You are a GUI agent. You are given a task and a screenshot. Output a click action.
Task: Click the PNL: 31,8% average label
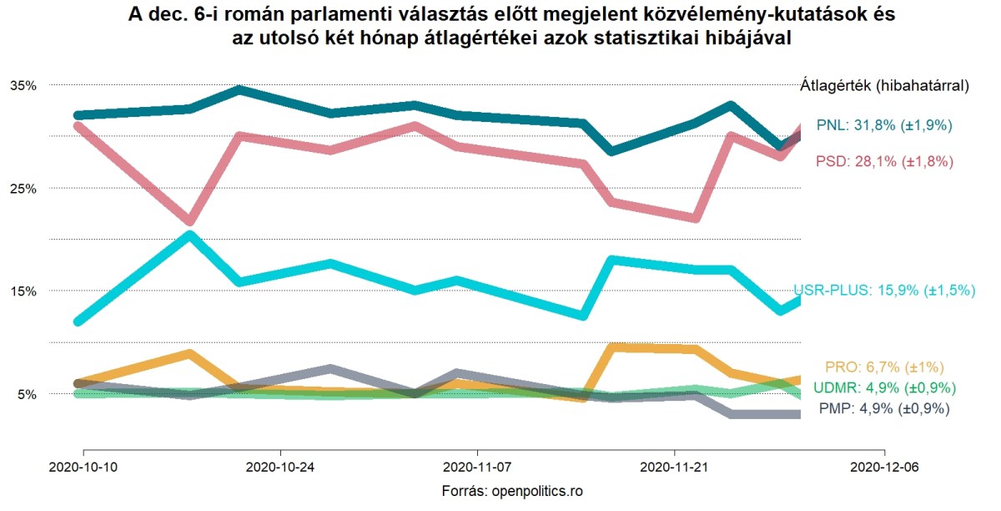884,125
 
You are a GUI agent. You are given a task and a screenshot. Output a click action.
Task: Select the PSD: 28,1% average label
884,161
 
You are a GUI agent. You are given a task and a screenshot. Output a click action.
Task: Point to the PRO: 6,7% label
884,367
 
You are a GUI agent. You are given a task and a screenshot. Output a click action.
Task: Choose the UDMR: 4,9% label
884,388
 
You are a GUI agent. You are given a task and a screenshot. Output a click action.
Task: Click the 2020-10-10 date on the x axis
83,468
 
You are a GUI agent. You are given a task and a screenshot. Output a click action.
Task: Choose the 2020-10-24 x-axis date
280,468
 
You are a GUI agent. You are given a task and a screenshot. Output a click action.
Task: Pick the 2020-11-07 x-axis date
475,468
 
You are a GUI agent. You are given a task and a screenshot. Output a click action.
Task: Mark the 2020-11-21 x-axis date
672,468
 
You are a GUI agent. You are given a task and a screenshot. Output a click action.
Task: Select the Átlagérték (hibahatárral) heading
884,85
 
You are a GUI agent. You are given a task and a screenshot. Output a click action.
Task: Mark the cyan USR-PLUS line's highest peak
190,235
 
